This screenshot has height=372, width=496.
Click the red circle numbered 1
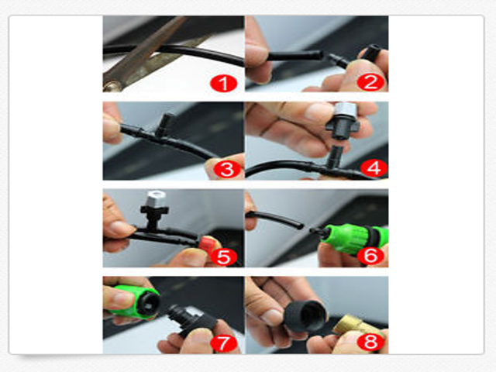click(x=224, y=84)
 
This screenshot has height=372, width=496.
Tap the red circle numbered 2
click(x=370, y=82)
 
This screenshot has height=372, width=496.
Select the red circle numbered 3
click(x=227, y=170)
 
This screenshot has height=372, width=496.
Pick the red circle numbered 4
click(x=374, y=168)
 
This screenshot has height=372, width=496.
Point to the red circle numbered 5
click(x=224, y=257)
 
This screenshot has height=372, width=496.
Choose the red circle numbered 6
click(x=370, y=255)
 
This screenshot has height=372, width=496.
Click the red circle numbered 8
click(x=370, y=342)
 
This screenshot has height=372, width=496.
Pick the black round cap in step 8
click(x=305, y=316)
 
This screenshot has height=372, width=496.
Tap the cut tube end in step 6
click(x=301, y=226)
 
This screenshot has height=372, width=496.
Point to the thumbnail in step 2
click(x=257, y=51)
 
